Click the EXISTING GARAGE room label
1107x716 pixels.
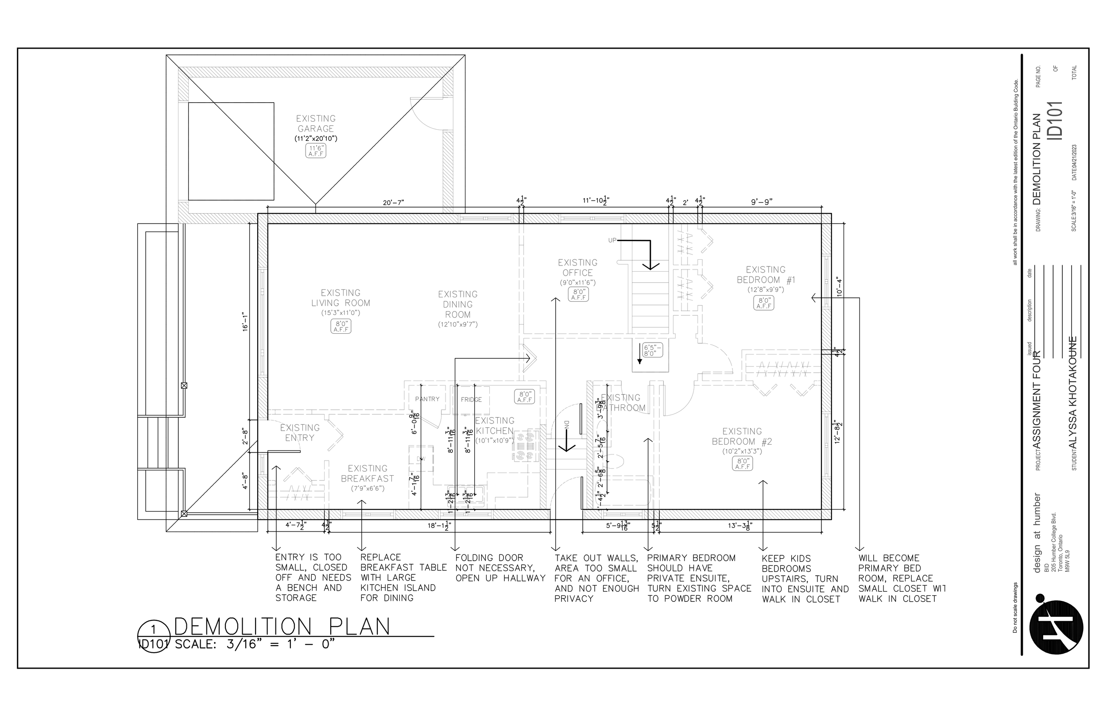point(316,123)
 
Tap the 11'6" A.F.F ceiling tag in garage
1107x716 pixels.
point(316,150)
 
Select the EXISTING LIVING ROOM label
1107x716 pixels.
point(341,298)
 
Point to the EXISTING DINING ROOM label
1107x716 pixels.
point(458,304)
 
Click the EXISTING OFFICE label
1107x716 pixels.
point(578,268)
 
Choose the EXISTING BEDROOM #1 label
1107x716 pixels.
point(766,275)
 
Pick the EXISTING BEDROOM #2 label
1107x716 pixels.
point(742,437)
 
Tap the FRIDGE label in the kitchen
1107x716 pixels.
point(471,400)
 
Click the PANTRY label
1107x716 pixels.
point(427,399)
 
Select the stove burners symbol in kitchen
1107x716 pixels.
point(526,447)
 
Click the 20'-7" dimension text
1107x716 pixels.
point(394,202)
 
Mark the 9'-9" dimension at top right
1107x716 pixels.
point(762,202)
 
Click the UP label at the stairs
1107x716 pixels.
point(612,240)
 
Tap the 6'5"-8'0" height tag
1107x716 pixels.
point(652,350)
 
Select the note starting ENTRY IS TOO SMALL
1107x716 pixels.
point(313,577)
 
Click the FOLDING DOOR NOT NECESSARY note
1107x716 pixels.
point(500,568)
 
